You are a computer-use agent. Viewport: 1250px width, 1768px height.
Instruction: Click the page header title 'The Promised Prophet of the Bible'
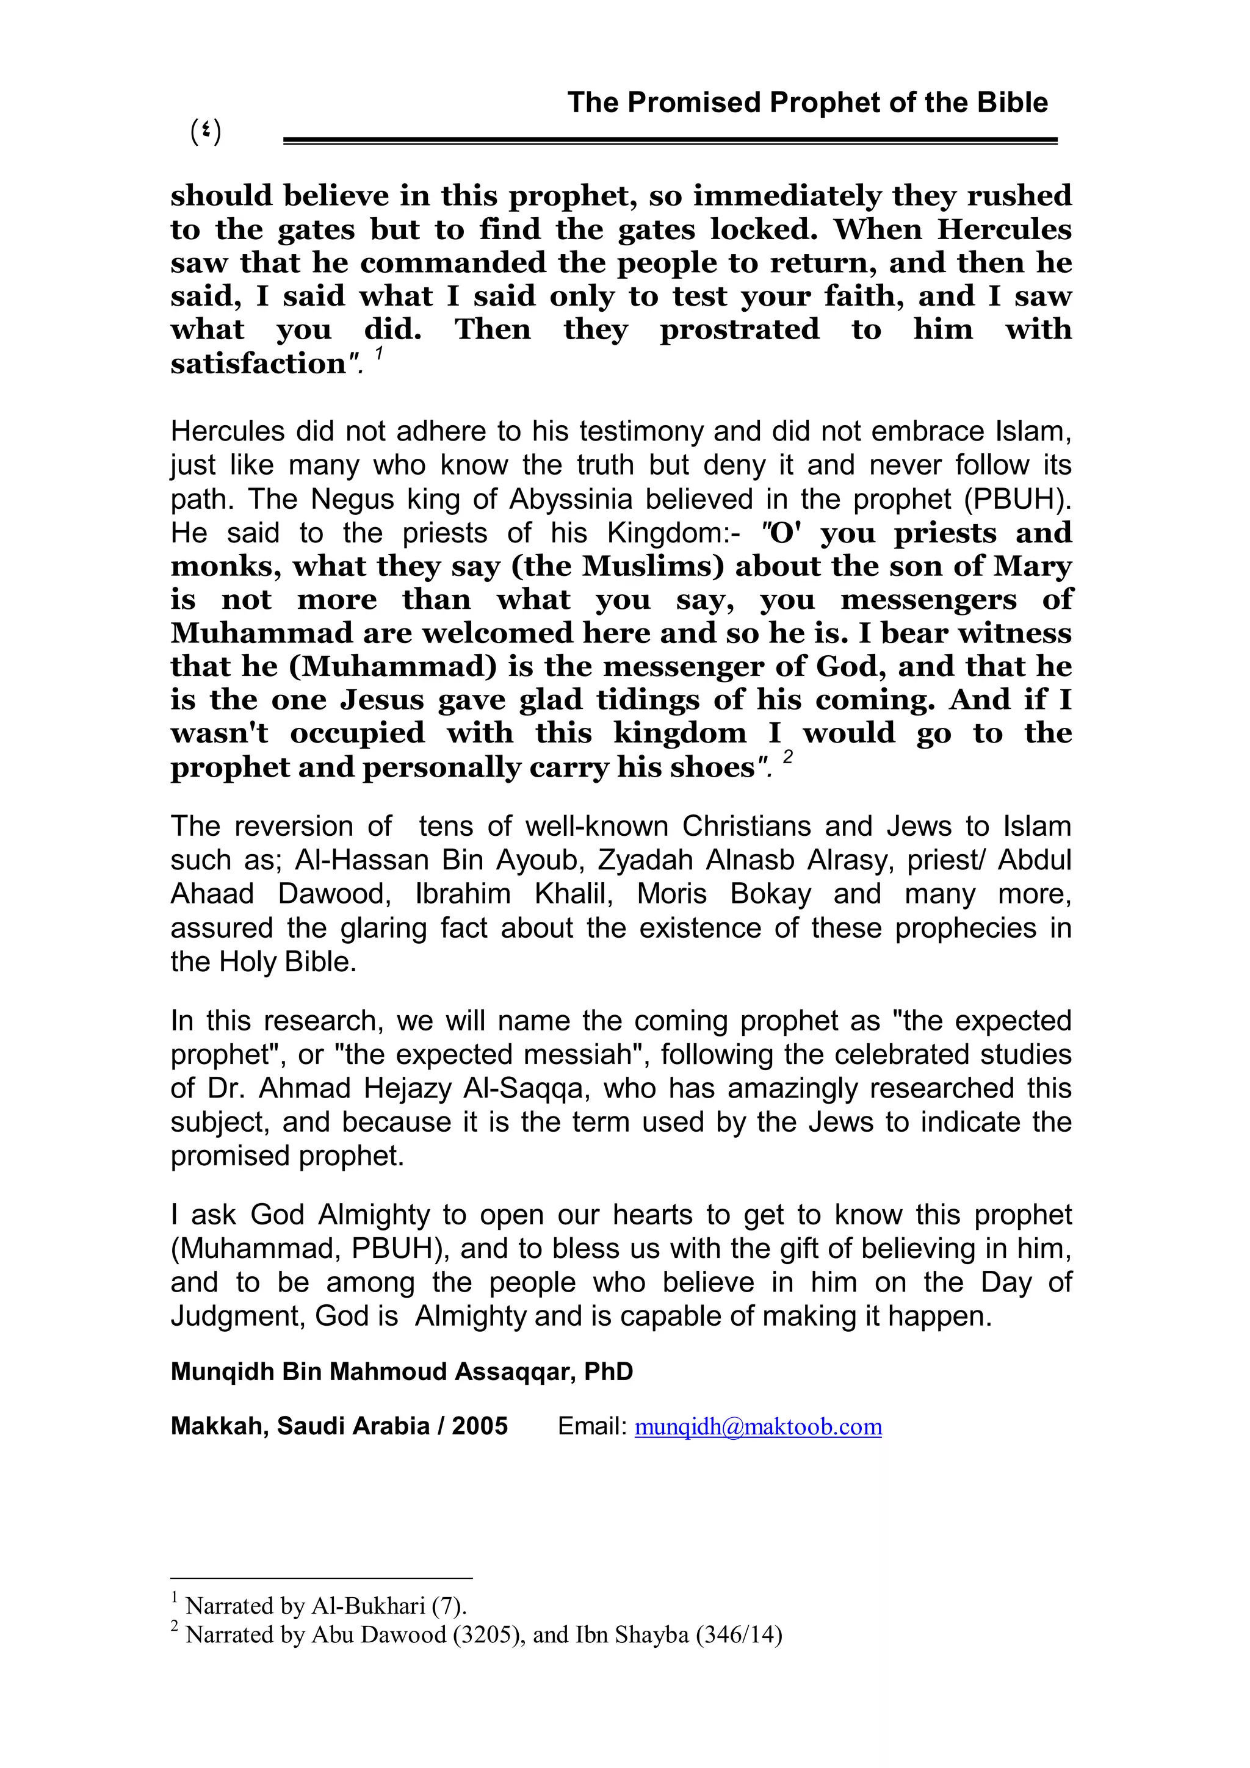tap(807, 102)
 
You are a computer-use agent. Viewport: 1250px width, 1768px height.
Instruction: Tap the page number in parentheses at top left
tap(206, 132)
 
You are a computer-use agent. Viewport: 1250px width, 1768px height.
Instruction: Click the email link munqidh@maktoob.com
tap(758, 1426)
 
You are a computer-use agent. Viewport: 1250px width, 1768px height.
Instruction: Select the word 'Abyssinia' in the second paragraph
tap(573, 499)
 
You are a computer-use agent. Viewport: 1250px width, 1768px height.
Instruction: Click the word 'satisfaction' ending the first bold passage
tap(259, 364)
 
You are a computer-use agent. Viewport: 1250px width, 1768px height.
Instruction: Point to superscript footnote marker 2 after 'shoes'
tap(787, 758)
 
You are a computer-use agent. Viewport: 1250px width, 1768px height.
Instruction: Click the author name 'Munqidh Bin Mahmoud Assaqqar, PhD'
tap(401, 1371)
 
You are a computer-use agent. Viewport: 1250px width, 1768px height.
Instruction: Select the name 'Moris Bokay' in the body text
tap(724, 894)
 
